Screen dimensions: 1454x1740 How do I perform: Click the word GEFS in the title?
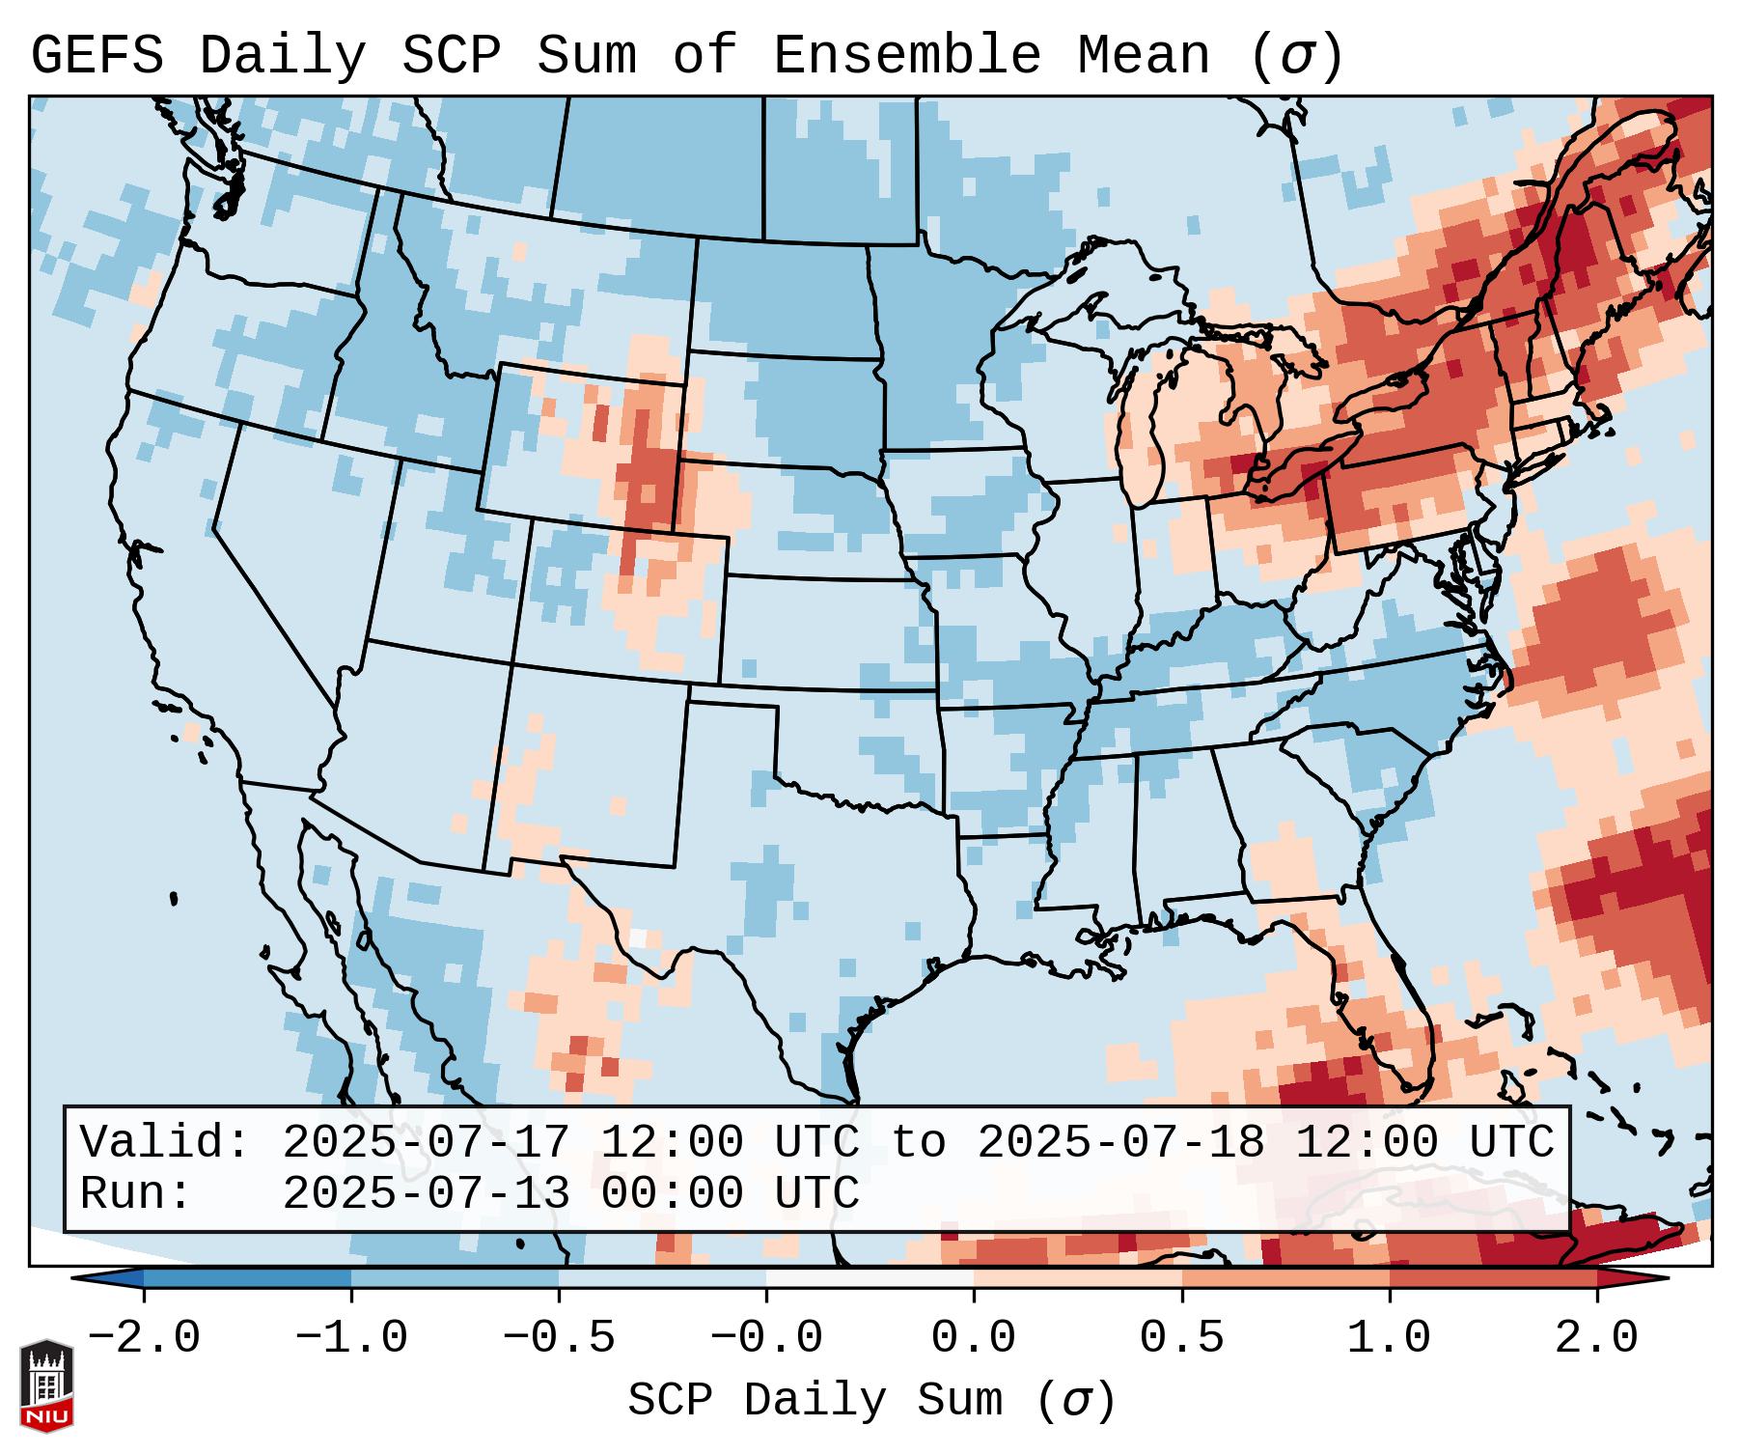[97, 56]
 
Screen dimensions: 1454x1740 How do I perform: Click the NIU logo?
[46, 1385]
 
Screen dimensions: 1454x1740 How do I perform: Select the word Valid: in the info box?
[165, 1143]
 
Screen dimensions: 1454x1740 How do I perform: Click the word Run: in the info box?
[136, 1193]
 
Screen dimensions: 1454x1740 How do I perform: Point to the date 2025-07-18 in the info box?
[1120, 1143]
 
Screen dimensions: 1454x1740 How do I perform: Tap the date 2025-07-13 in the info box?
[426, 1193]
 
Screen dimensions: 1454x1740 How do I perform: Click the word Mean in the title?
[1144, 56]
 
